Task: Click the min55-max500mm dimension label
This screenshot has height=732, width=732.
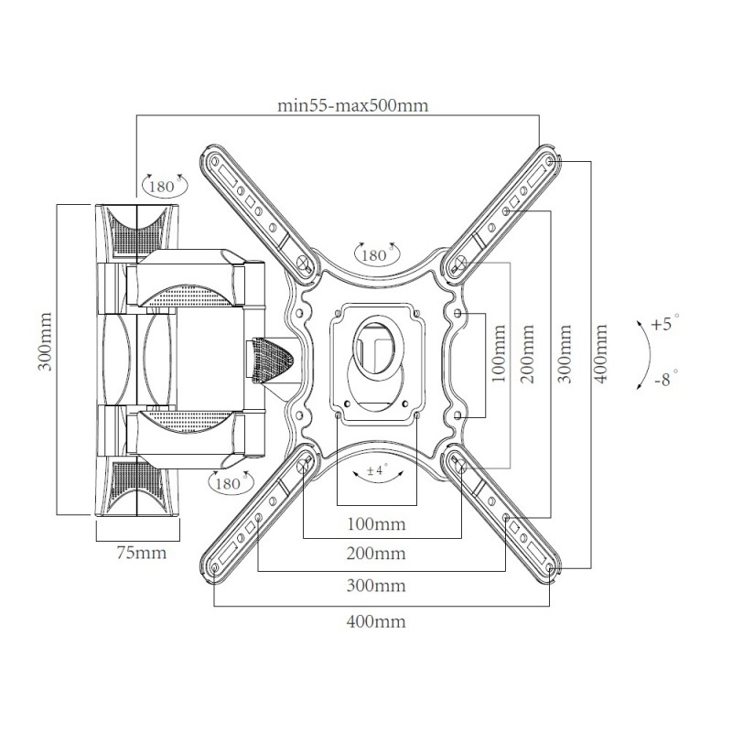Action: (353, 105)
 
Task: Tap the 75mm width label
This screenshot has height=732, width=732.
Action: (142, 553)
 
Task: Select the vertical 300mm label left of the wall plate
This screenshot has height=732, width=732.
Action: (45, 341)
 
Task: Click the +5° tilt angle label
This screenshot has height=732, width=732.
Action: (666, 323)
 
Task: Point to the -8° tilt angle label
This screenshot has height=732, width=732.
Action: (666, 379)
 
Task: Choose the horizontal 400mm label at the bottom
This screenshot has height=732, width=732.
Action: (376, 622)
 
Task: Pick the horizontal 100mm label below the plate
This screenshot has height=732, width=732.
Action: (376, 523)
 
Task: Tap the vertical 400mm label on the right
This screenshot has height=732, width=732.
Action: (601, 354)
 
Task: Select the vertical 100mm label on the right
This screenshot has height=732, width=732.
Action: (499, 354)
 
